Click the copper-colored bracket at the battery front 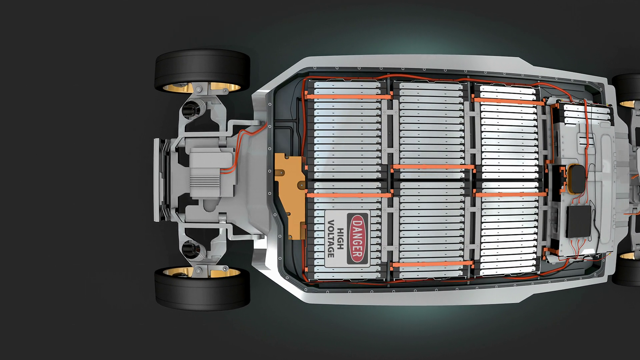[289, 195]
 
